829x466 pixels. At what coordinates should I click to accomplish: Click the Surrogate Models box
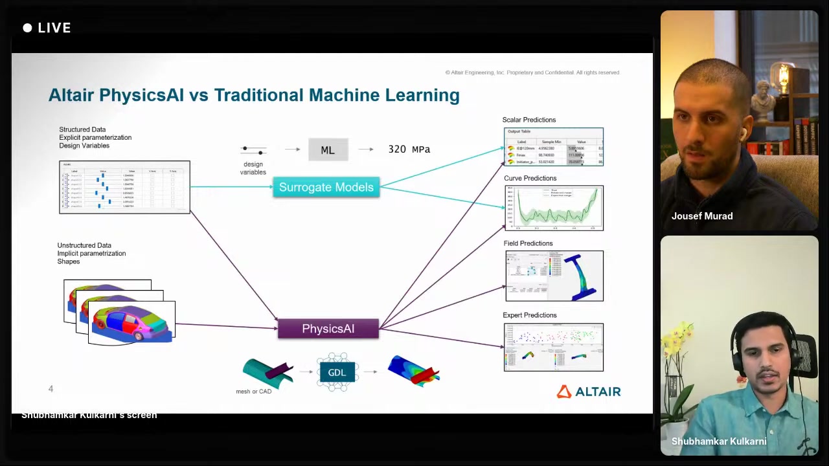pos(326,188)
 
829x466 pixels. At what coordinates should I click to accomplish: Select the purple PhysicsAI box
pos(328,329)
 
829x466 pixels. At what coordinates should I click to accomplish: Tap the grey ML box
pos(328,150)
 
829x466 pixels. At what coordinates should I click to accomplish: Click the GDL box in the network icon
pos(337,372)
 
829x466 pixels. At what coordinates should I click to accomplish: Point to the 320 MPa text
pos(409,150)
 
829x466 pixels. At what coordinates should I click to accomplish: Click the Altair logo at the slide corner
pos(589,392)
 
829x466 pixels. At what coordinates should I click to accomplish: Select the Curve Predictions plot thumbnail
pos(554,208)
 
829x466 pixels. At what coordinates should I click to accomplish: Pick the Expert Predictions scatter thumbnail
pos(554,348)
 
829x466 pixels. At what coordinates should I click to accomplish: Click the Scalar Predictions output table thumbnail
pos(554,147)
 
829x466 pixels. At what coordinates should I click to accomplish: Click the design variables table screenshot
pos(124,187)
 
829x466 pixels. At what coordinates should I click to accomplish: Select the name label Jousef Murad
pos(702,216)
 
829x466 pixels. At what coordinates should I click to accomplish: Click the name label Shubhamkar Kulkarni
pos(719,441)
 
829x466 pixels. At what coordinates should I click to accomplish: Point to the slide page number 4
pos(51,389)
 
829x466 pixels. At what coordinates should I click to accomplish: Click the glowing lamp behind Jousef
pos(782,76)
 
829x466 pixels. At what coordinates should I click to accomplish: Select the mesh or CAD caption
pos(254,392)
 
